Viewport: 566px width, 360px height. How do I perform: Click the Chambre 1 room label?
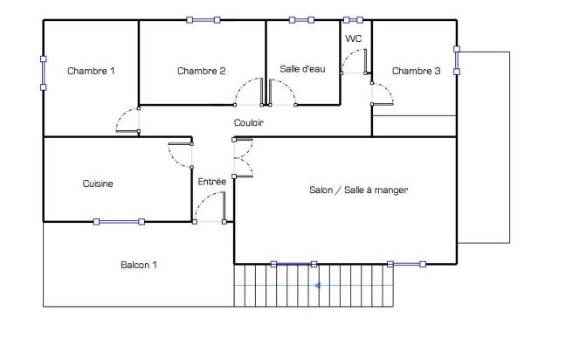click(x=91, y=71)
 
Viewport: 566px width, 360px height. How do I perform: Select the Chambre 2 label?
click(x=202, y=71)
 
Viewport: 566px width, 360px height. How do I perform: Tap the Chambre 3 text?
click(x=416, y=71)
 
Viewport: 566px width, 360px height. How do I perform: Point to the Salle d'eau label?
click(x=302, y=68)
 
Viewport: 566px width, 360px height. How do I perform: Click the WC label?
click(x=354, y=38)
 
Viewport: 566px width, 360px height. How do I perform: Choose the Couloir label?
click(x=249, y=123)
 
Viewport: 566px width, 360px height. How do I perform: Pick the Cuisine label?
click(x=98, y=183)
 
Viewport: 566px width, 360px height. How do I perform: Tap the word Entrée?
click(x=212, y=181)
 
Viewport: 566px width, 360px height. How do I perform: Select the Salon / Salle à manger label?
click(x=358, y=190)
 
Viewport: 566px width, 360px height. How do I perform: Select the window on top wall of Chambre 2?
click(x=204, y=19)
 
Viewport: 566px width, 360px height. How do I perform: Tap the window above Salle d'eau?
click(x=303, y=19)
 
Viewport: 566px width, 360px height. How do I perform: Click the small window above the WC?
click(x=354, y=19)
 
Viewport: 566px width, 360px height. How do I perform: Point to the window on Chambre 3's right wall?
click(x=456, y=61)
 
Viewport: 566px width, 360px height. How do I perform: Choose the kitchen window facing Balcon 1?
click(x=120, y=222)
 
